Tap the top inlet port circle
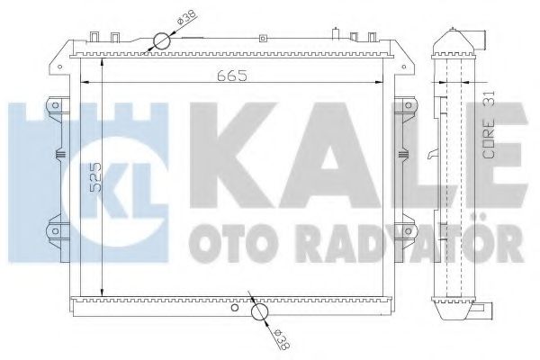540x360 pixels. [161, 40]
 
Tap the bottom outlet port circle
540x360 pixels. [260, 312]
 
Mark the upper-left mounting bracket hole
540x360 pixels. [55, 106]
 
